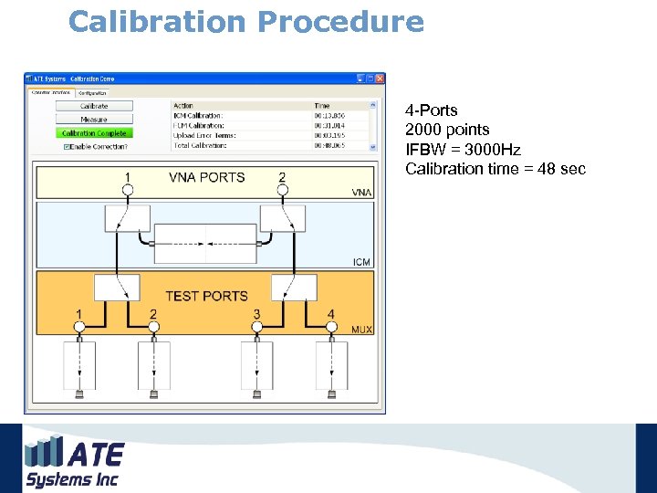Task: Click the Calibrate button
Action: [x=94, y=106]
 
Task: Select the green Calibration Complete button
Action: [x=94, y=133]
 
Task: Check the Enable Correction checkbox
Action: [x=67, y=146]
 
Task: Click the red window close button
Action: [x=380, y=79]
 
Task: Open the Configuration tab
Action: [x=92, y=92]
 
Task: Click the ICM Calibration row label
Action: [x=198, y=116]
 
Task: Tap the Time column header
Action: [x=322, y=106]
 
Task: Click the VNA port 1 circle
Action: [x=128, y=190]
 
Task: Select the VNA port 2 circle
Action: [x=282, y=190]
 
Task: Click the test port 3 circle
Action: [x=256, y=327]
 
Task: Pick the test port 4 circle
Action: [x=330, y=327]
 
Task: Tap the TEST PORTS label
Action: [x=206, y=296]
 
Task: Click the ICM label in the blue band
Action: [x=361, y=262]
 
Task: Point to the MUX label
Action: [x=361, y=329]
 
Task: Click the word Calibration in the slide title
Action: [x=157, y=21]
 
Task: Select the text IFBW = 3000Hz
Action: [x=463, y=149]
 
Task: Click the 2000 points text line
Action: [x=447, y=130]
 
